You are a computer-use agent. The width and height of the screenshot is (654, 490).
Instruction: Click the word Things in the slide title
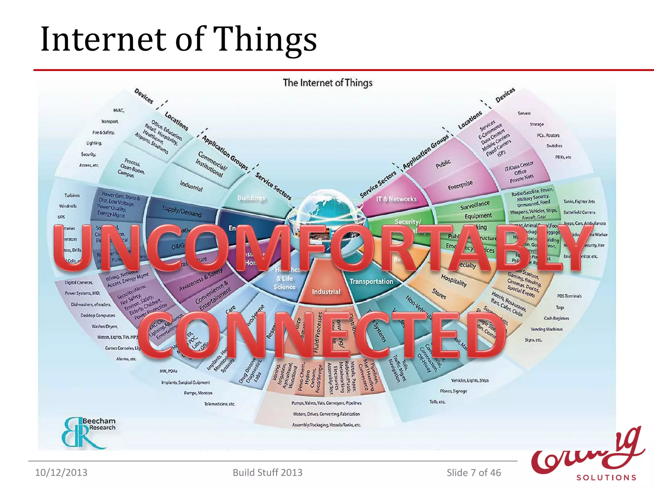(x=265, y=39)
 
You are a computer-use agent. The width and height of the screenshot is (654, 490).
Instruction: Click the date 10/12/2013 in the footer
(x=61, y=472)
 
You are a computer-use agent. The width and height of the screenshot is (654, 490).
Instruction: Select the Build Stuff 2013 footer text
(x=267, y=472)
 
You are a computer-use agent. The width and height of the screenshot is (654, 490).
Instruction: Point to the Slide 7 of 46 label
(x=474, y=472)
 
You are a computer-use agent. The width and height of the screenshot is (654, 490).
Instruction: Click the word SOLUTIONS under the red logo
(x=606, y=478)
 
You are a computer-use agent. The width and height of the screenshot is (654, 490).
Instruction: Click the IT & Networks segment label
(x=396, y=199)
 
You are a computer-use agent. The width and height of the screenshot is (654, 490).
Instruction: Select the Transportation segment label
(x=371, y=281)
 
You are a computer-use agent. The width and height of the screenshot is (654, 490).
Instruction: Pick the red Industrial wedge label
(x=326, y=292)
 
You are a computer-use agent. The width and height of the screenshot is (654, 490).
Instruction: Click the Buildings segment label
(x=251, y=198)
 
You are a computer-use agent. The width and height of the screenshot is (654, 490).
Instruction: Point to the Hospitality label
(x=454, y=280)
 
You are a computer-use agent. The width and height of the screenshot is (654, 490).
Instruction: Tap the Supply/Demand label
(x=181, y=211)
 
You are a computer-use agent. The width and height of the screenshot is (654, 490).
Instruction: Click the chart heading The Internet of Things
(x=327, y=83)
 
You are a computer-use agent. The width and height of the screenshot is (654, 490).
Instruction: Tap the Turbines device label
(x=72, y=195)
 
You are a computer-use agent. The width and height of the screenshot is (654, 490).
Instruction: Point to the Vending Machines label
(x=546, y=329)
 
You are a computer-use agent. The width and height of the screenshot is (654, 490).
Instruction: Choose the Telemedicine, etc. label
(x=220, y=404)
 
